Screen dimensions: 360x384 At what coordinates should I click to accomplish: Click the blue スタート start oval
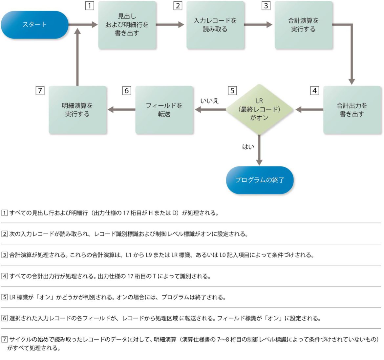pyautogui.click(x=34, y=25)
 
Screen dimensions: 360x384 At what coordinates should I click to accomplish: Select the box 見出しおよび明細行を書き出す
pyautogui.click(x=127, y=25)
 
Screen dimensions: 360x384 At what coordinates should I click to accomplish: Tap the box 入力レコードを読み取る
pyautogui.click(x=215, y=25)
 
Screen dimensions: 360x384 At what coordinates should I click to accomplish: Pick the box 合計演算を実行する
pyautogui.click(x=304, y=25)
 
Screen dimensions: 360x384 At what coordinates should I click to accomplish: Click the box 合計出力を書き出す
pyautogui.click(x=352, y=110)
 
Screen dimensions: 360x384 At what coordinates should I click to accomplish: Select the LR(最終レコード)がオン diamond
pyautogui.click(x=259, y=109)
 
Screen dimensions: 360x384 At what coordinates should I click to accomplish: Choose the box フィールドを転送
pyautogui.click(x=164, y=110)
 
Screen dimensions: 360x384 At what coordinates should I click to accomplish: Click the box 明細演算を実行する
pyautogui.click(x=77, y=110)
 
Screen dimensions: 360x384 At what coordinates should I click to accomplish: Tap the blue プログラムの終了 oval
pyautogui.click(x=260, y=180)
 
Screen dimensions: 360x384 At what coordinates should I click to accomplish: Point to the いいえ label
pyautogui.click(x=209, y=101)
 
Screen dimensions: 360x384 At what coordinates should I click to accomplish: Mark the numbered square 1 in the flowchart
pyautogui.click(x=90, y=6)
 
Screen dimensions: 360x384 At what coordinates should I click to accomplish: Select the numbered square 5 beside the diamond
pyautogui.click(x=232, y=91)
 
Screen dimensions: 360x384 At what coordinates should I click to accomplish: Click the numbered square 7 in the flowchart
pyautogui.click(x=40, y=91)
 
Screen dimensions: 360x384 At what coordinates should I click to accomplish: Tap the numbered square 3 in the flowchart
pyautogui.click(x=266, y=6)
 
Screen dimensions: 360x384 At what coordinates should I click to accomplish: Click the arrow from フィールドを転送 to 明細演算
pyautogui.click(x=121, y=110)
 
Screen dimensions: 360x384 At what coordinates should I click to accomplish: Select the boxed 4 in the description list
pyautogui.click(x=5, y=276)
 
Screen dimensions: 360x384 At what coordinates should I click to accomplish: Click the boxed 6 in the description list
pyautogui.click(x=5, y=318)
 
